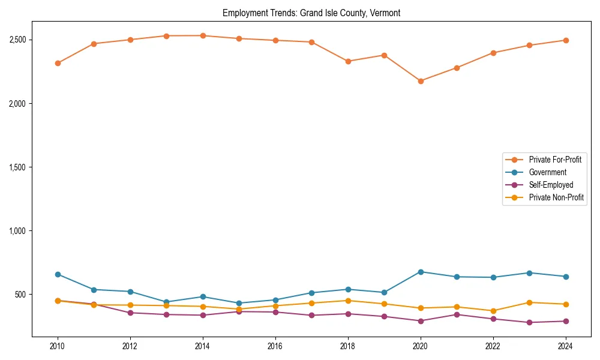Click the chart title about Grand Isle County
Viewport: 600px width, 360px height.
pyautogui.click(x=311, y=13)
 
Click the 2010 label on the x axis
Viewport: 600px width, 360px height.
pyautogui.click(x=58, y=346)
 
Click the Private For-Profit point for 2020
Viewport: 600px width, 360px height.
pyautogui.click(x=421, y=81)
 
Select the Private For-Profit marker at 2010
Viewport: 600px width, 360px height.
pyautogui.click(x=58, y=63)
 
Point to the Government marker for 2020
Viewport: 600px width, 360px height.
pyautogui.click(x=421, y=272)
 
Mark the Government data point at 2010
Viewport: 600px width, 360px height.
pyautogui.click(x=58, y=274)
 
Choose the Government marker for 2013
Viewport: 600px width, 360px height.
pyautogui.click(x=167, y=302)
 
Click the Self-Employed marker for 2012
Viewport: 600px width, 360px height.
pyautogui.click(x=130, y=313)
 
